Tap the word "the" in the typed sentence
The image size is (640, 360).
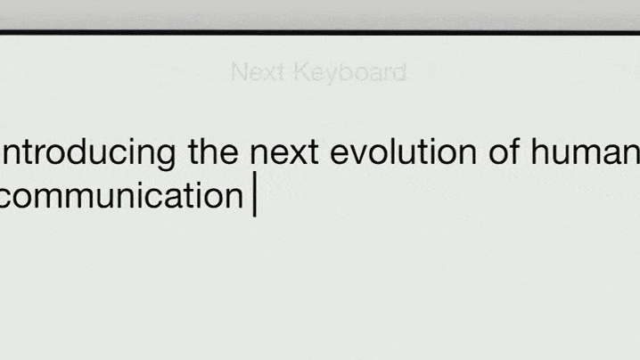coord(213,151)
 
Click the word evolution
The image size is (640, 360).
coord(403,151)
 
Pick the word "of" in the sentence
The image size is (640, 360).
coord(505,151)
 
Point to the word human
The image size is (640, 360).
coord(586,151)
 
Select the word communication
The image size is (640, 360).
coord(121,195)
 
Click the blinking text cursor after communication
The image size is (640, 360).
coord(255,193)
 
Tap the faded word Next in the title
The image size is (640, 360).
coord(257,72)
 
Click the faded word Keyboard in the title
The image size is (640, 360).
coord(350,73)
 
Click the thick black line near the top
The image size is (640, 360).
coord(320,32)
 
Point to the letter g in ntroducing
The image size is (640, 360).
coord(164,157)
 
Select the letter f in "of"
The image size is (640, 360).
coord(514,151)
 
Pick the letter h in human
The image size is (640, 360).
coord(540,151)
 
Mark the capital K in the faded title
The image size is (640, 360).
coord(303,72)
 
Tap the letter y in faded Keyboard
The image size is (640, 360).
coord(335,76)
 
